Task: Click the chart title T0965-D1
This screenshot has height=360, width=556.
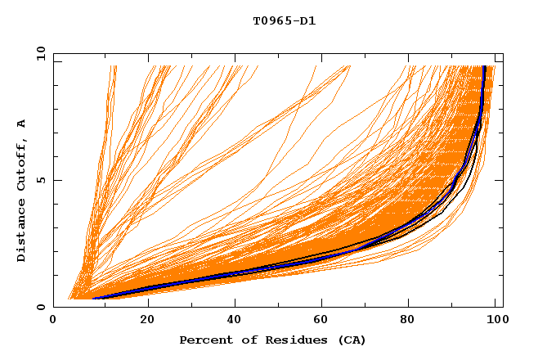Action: (x=284, y=20)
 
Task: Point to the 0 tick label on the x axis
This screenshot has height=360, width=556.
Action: (x=53, y=321)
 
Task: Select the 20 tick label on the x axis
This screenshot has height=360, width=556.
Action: (x=147, y=321)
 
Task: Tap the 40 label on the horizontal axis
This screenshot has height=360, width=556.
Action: (x=235, y=321)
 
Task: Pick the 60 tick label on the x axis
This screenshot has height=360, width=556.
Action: (x=323, y=321)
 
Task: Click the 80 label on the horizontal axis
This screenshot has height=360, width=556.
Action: (x=411, y=321)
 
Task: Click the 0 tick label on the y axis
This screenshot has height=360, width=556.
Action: (x=40, y=308)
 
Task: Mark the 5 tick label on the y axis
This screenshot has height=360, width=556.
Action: (x=40, y=180)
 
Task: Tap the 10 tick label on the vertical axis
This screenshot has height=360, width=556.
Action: (x=39, y=53)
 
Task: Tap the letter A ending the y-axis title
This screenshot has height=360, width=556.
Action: (x=21, y=123)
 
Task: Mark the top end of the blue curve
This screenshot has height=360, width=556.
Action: (x=485, y=67)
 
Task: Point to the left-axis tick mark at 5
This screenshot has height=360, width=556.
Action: (x=56, y=180)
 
